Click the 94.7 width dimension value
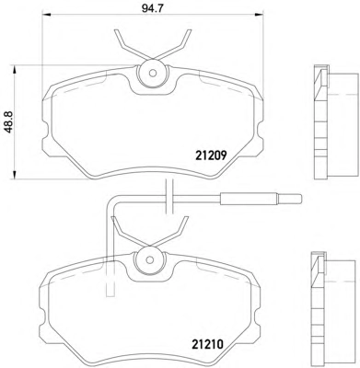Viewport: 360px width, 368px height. click(x=152, y=8)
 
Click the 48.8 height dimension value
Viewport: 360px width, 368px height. click(x=10, y=122)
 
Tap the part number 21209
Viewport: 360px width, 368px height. click(x=211, y=156)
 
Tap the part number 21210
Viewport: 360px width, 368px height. click(x=207, y=345)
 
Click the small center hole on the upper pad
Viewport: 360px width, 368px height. click(x=153, y=74)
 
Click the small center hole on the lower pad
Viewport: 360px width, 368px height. click(x=149, y=259)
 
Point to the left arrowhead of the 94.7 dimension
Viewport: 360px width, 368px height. click(x=46, y=14)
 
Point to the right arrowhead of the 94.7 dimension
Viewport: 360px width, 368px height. click(x=260, y=14)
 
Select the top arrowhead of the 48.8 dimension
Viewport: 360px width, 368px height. click(x=14, y=69)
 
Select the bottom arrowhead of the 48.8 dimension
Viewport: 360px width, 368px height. click(x=14, y=175)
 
